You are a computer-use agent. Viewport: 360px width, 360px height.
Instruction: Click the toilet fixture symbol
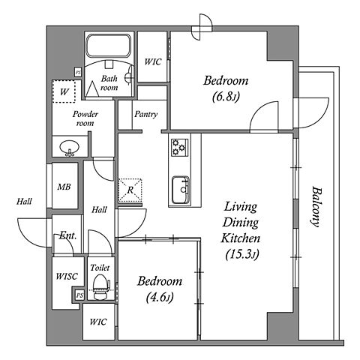101,287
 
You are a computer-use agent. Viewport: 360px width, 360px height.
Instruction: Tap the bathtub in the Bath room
109,46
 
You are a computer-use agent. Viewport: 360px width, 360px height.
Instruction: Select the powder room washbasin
70,148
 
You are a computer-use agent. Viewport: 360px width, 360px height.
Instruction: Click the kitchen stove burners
179,148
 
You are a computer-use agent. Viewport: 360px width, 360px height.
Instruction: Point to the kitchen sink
181,190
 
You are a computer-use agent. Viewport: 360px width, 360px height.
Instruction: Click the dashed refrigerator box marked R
130,190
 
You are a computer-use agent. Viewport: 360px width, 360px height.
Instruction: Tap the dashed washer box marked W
64,91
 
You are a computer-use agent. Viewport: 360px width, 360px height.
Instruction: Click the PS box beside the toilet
79,295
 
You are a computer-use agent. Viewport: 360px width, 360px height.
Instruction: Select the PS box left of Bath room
78,73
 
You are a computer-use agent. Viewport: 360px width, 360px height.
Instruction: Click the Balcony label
316,206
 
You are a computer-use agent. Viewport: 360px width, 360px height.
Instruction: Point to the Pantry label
145,114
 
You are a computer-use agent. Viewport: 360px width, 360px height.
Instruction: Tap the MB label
64,187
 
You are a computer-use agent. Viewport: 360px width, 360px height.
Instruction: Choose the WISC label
67,276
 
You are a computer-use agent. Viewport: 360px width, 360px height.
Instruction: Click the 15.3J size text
242,255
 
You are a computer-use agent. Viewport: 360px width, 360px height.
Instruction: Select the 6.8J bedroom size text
226,97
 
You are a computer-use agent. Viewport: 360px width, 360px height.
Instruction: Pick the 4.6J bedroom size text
160,298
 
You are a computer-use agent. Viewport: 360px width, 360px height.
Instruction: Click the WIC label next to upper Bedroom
153,61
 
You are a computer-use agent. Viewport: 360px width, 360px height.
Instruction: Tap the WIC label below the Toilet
98,322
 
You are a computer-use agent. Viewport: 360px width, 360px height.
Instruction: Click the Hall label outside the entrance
24,202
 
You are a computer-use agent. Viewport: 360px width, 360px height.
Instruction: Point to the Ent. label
67,235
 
